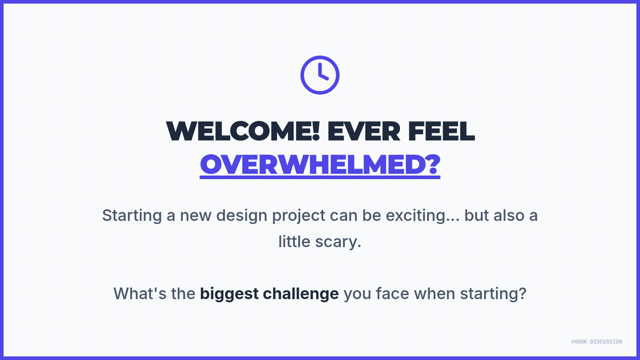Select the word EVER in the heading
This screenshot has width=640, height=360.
(364, 131)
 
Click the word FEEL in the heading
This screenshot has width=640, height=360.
(442, 131)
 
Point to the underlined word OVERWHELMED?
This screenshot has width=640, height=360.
(320, 165)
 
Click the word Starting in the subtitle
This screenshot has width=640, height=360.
(132, 215)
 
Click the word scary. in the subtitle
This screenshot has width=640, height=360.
(338, 242)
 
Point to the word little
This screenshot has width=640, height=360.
(294, 242)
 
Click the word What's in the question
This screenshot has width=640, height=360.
(140, 293)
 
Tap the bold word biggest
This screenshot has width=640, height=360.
(229, 294)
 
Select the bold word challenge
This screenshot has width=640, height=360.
(301, 294)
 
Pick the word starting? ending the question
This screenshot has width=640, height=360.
(493, 294)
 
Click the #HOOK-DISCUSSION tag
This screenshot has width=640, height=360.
(597, 342)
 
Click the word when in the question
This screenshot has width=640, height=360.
(435, 293)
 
